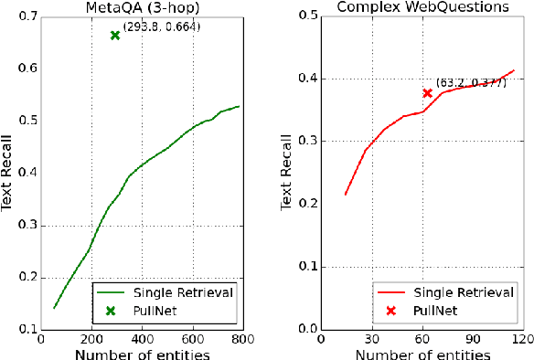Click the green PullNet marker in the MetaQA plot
[114, 36]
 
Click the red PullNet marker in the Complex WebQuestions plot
[427, 93]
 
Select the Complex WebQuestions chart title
[423, 8]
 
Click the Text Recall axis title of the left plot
[8, 174]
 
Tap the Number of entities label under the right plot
[422, 354]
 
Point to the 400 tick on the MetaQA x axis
[142, 340]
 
